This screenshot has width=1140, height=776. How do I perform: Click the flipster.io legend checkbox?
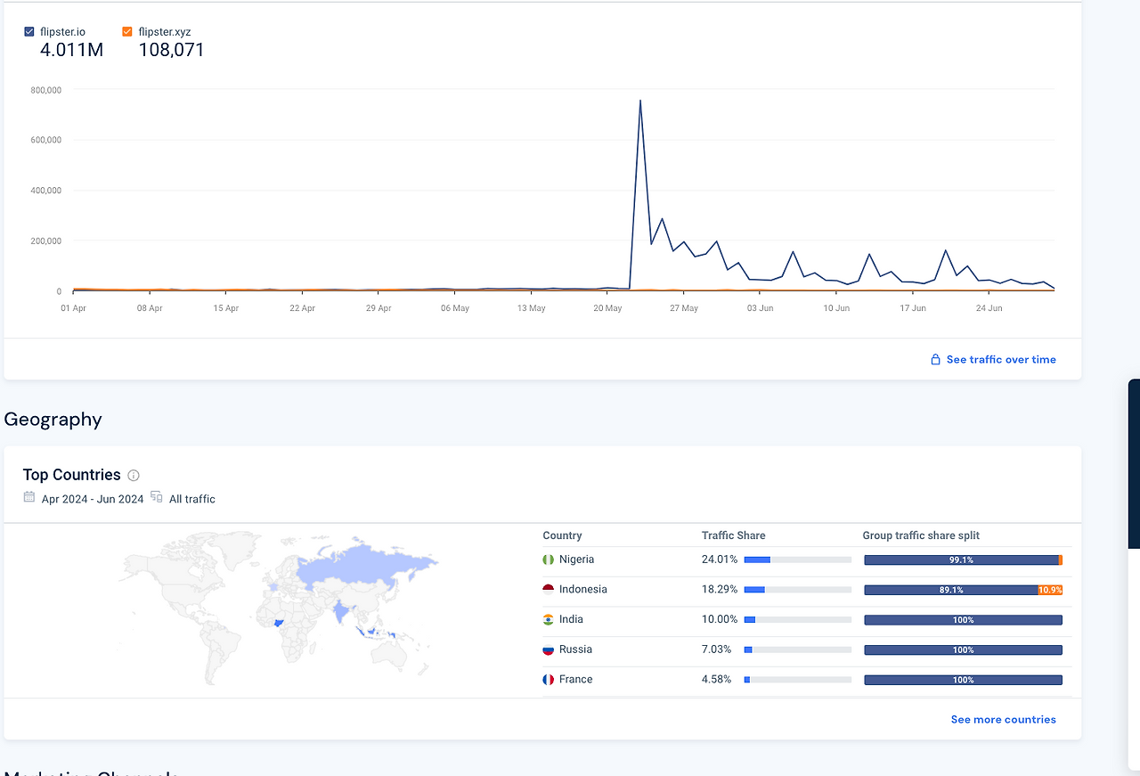tap(29, 32)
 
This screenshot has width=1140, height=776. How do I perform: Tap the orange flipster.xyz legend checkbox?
tap(127, 32)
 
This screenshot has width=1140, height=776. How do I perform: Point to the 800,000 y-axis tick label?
tap(45, 90)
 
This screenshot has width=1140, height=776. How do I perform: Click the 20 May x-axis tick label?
tap(607, 308)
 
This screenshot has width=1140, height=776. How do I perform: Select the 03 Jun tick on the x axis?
tap(760, 308)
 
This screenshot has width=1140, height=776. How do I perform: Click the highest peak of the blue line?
tap(640, 101)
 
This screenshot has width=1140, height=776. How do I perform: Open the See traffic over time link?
tap(1001, 360)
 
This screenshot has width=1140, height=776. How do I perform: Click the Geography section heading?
tap(53, 419)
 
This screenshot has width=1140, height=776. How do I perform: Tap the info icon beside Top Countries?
tap(134, 476)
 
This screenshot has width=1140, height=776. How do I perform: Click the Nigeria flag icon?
tap(549, 560)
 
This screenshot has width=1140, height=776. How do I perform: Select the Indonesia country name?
tap(582, 590)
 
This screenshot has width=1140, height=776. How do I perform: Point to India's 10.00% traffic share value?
tap(719, 619)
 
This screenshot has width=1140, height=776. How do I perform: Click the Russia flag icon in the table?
tap(549, 650)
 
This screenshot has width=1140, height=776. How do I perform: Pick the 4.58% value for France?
tap(716, 680)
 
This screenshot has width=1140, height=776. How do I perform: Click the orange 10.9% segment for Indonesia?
tap(1050, 590)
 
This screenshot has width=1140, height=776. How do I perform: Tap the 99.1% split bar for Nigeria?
tap(961, 560)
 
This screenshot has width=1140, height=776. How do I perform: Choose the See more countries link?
tap(1003, 720)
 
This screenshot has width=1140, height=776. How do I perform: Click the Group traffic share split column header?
tap(921, 535)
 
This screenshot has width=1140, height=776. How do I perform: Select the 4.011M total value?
tap(71, 50)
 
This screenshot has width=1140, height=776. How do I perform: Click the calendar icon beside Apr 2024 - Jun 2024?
tap(29, 498)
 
